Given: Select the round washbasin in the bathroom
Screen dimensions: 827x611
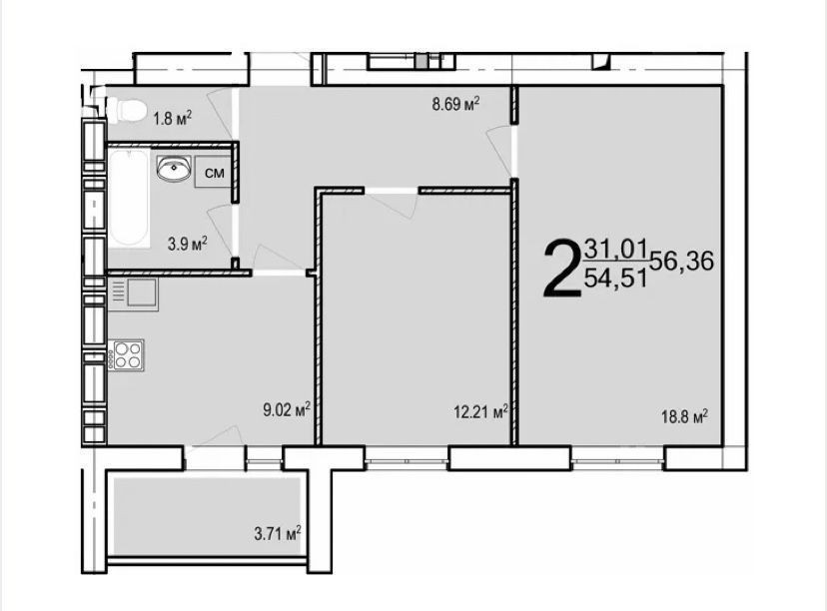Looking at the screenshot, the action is (x=174, y=169).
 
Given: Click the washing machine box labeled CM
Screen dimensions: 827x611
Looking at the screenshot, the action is (x=214, y=173).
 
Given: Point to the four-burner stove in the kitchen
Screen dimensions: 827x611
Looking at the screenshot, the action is (x=126, y=354).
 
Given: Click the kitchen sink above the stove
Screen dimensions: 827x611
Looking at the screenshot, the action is (x=134, y=294).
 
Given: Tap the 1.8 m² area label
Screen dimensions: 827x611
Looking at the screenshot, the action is (x=172, y=118).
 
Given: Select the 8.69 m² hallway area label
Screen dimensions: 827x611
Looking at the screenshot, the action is (x=455, y=103).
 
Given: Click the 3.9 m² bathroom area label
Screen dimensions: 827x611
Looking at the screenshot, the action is (x=187, y=244).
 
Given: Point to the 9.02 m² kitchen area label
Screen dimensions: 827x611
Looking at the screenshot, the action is (x=287, y=409).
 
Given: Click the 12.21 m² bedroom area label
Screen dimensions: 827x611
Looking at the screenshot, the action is (x=481, y=411).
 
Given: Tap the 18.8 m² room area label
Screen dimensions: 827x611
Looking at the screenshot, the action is (x=684, y=417).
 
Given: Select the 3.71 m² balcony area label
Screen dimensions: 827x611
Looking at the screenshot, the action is (x=278, y=533).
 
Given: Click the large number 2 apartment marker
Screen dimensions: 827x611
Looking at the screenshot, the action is (x=560, y=269).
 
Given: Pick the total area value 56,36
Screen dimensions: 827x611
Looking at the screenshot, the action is (x=682, y=261).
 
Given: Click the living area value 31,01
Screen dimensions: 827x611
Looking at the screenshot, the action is (x=616, y=249).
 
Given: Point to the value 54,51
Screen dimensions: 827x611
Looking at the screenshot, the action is (x=616, y=278).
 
